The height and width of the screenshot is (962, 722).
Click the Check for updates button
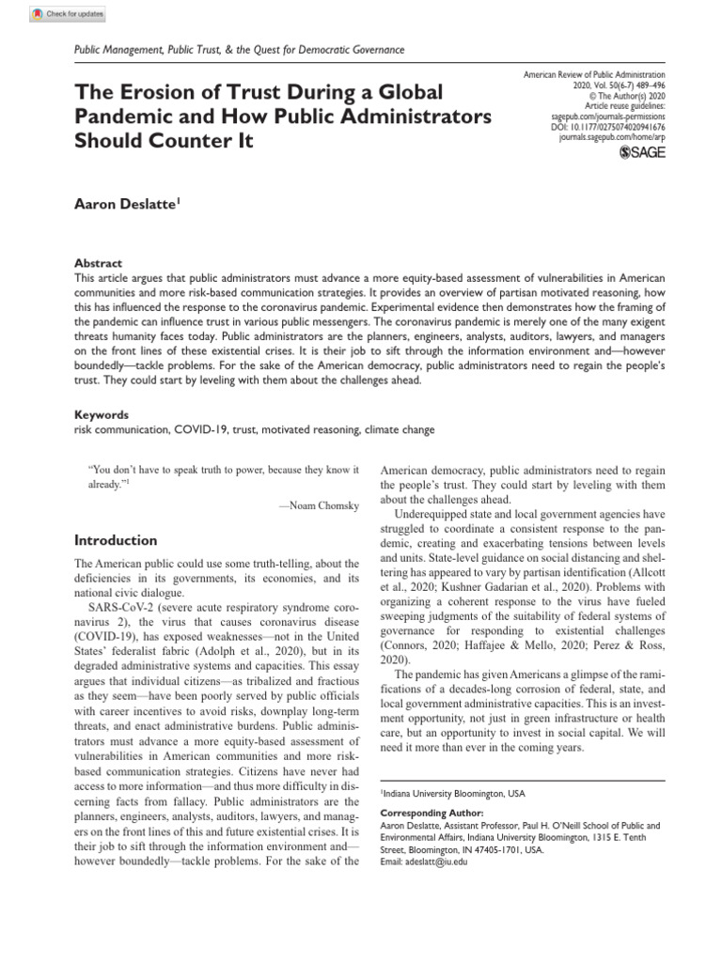pyautogui.click(x=70, y=14)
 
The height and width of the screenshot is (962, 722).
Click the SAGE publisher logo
pyautogui.click(x=642, y=153)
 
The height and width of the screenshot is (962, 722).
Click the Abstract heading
pyautogui.click(x=98, y=264)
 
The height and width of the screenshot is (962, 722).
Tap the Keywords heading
pyautogui.click(x=102, y=414)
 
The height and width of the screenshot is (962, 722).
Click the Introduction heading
pyautogui.click(x=116, y=540)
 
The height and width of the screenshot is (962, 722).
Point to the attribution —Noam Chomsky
pyautogui.click(x=319, y=505)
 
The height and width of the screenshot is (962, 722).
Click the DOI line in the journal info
pyautogui.click(x=607, y=125)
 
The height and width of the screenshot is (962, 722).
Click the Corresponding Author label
pyautogui.click(x=432, y=813)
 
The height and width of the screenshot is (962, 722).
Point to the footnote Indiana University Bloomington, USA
pyautogui.click(x=452, y=794)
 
